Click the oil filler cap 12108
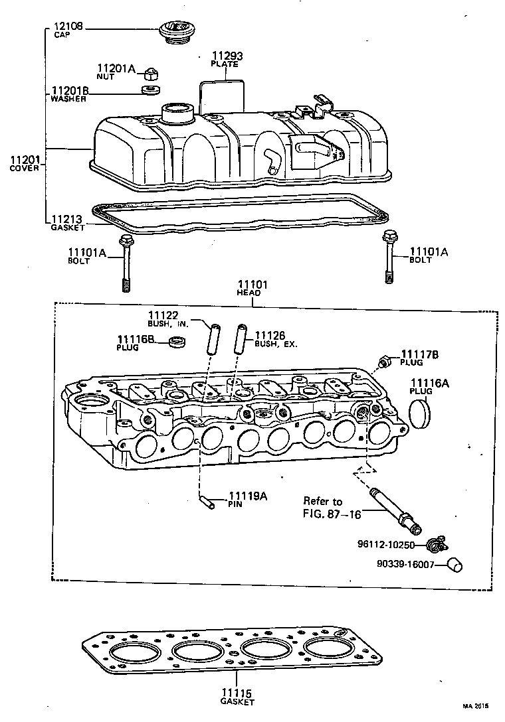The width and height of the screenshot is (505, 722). [175, 32]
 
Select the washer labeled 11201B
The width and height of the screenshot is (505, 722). [150, 88]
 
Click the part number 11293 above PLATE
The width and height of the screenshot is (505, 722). [224, 56]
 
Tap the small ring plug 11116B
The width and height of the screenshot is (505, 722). [177, 342]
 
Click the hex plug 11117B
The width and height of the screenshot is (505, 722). [385, 362]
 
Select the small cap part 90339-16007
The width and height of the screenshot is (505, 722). [454, 565]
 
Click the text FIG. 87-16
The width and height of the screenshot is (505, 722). [332, 514]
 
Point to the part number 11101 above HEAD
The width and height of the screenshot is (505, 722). [252, 285]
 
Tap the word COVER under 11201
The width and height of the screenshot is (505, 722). [24, 169]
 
